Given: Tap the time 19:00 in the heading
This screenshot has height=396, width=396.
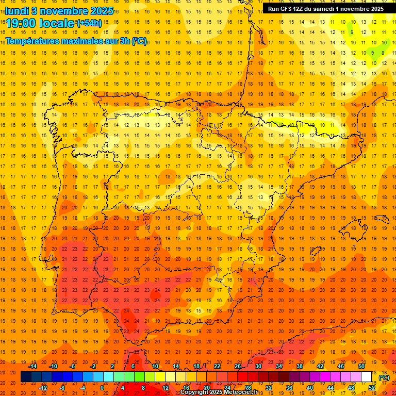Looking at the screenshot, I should pyautogui.click(x=21, y=23).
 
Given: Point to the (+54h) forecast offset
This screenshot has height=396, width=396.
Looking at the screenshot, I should pyautogui.click(x=89, y=23).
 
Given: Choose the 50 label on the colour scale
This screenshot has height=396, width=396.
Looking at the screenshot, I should pyautogui.click(x=361, y=366).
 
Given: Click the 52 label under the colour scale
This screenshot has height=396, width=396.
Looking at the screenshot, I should pyautogui.click(x=372, y=387).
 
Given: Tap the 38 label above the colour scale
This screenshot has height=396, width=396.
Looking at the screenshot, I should pyautogui.click(x=300, y=366).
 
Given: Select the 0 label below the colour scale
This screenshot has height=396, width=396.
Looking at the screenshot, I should pyautogui.click(x=102, y=387).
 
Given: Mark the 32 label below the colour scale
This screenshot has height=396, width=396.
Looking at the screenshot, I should pyautogui.click(x=269, y=387).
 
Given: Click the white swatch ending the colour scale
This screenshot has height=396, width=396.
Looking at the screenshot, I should pyautogui.click(x=367, y=377).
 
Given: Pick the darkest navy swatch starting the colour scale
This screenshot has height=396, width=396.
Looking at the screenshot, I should pyautogui.click(x=26, y=377).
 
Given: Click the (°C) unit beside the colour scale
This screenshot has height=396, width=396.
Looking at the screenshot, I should pyautogui.click(x=384, y=377).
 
